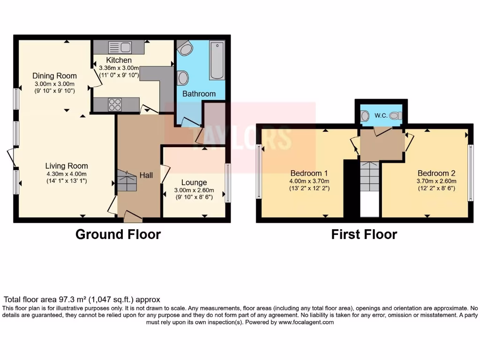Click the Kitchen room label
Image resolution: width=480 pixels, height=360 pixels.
tap(119, 60)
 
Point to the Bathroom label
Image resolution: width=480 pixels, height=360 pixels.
tap(199, 94)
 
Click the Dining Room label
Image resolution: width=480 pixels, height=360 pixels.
tap(54, 75)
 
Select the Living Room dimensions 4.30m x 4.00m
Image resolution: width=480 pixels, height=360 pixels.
tap(66, 173)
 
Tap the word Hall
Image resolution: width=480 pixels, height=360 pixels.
tap(146, 175)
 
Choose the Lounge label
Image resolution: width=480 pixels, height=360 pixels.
tap(194, 182)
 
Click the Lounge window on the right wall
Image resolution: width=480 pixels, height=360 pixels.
tap(228, 183)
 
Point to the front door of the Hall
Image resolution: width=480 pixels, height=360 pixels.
tap(133, 217)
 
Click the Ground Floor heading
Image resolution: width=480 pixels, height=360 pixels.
tap(118, 234)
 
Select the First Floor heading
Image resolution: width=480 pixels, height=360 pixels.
tap(364, 234)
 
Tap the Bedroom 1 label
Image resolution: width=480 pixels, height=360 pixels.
tap(309, 172)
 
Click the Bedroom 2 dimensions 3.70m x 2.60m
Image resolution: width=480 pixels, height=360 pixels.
tap(436, 181)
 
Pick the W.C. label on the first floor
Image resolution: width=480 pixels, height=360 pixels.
tap(381, 115)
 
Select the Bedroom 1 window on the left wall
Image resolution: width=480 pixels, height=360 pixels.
tap(258, 171)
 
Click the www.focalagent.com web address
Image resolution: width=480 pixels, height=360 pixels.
tap(306, 322)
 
